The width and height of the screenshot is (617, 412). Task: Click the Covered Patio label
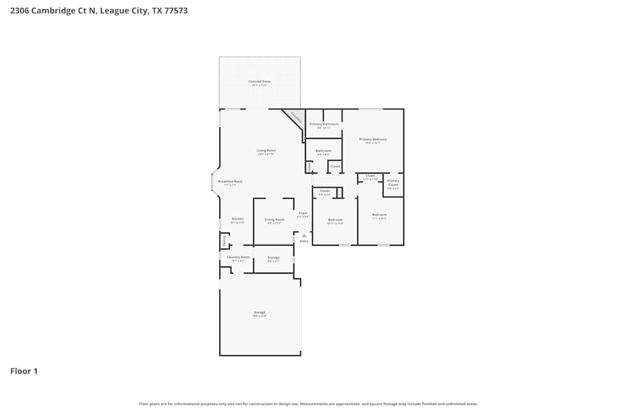point(259,82)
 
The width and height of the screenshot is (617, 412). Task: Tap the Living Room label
point(266,150)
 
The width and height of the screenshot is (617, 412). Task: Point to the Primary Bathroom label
point(324,124)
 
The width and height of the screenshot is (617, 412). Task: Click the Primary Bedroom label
point(373,140)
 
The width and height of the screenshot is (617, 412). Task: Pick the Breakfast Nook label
point(230,182)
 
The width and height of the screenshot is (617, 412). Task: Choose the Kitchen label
point(238,219)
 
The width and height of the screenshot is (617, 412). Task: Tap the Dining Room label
point(274,219)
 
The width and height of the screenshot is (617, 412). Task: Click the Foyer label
point(302,213)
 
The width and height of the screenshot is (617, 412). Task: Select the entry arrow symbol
point(304,235)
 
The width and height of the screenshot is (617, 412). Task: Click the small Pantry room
point(224,240)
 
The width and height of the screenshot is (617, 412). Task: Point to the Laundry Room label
point(238,257)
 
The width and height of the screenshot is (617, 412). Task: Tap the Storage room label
point(273,258)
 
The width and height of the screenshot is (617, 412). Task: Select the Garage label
point(259,313)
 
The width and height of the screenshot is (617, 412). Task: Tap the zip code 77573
point(173,11)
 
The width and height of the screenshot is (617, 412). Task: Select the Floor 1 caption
point(24,371)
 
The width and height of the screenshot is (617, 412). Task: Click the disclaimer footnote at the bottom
point(308,404)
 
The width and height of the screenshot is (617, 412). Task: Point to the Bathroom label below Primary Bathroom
point(323,151)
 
